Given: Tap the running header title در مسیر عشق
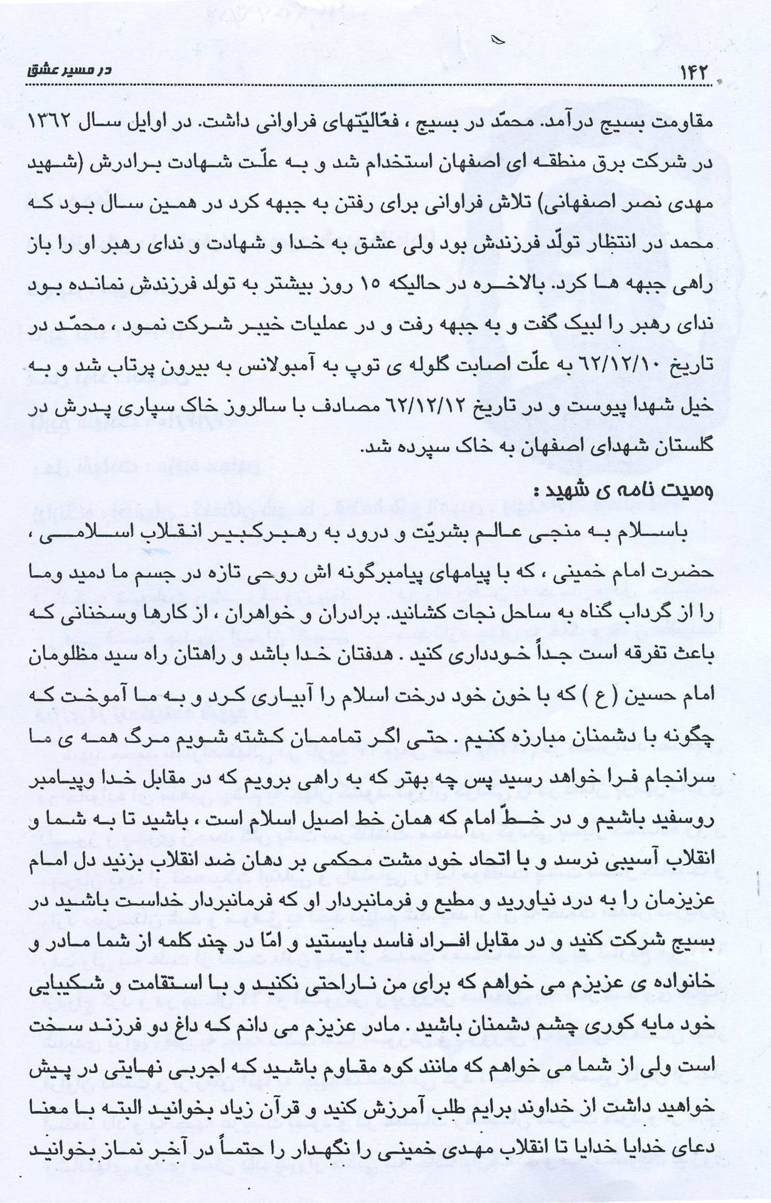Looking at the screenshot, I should tap(69, 70).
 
